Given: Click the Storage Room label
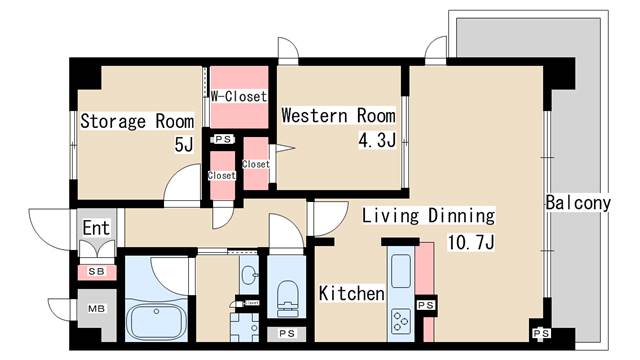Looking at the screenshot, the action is pyautogui.click(x=137, y=121).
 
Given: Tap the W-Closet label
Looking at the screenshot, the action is pyautogui.click(x=239, y=96).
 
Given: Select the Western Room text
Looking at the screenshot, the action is pyautogui.click(x=338, y=115).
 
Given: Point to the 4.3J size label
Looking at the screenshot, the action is pyautogui.click(x=377, y=140).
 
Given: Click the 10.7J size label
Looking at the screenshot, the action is pyautogui.click(x=471, y=242).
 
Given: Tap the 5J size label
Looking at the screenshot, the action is pyautogui.click(x=184, y=144).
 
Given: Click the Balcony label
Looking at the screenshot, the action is pyautogui.click(x=578, y=202).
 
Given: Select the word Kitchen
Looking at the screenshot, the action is pyautogui.click(x=351, y=293).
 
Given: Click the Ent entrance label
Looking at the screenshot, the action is pyautogui.click(x=96, y=228).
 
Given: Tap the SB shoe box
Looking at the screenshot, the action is pyautogui.click(x=97, y=272).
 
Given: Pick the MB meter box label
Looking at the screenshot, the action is pyautogui.click(x=97, y=309).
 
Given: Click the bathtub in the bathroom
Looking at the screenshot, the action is pyautogui.click(x=156, y=321).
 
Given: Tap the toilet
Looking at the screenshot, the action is pyautogui.click(x=287, y=298).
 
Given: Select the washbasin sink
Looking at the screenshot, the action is pyautogui.click(x=249, y=274).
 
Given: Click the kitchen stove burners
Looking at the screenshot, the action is pyautogui.click(x=400, y=321).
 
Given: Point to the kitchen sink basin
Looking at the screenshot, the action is pyautogui.click(x=401, y=271).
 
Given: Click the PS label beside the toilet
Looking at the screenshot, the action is pyautogui.click(x=287, y=333).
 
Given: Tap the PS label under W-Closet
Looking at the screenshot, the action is pyautogui.click(x=223, y=140).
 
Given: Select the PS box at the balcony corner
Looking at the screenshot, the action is pyautogui.click(x=541, y=333).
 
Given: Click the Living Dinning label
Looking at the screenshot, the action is pyautogui.click(x=429, y=216).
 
